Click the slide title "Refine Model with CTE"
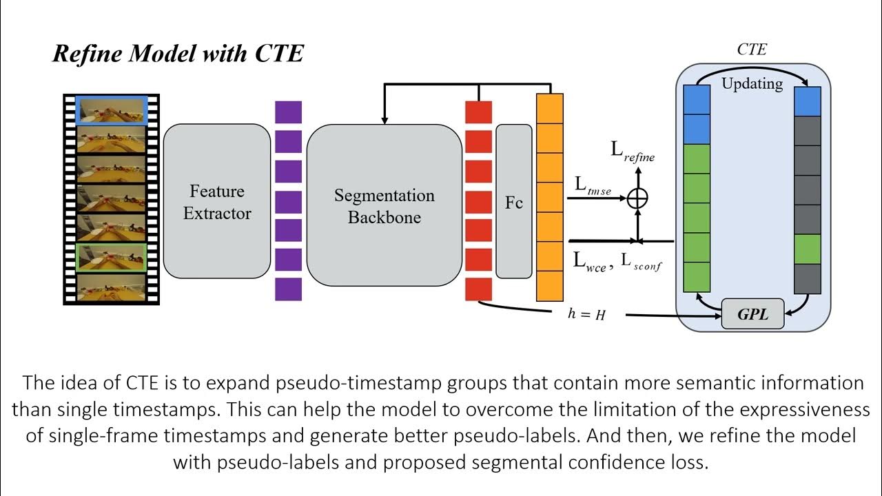(178, 54)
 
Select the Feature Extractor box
(217, 202)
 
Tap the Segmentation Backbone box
(384, 205)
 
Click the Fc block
(514, 203)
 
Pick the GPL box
(752, 316)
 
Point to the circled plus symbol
(638, 198)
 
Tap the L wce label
(590, 262)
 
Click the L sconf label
(641, 262)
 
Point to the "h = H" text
(586, 314)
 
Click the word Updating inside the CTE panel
(752, 84)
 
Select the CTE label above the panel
(752, 50)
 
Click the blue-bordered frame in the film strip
(112, 110)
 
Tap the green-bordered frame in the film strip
(112, 257)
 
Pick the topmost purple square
(288, 112)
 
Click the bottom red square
(479, 289)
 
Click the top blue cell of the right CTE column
(808, 101)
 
